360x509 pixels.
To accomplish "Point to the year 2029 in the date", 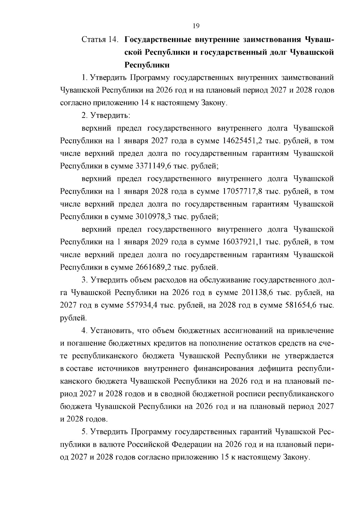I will click(x=160, y=242).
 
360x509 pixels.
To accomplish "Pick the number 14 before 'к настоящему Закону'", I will click(x=143, y=103).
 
